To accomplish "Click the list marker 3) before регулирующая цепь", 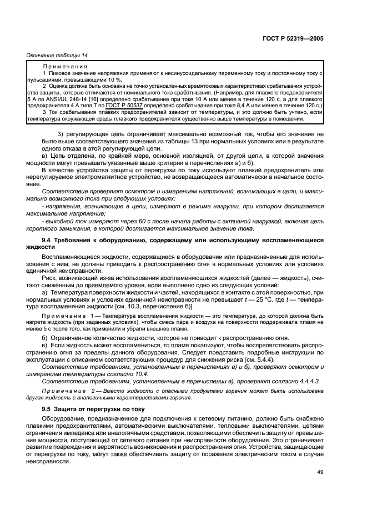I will coord(62,135).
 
